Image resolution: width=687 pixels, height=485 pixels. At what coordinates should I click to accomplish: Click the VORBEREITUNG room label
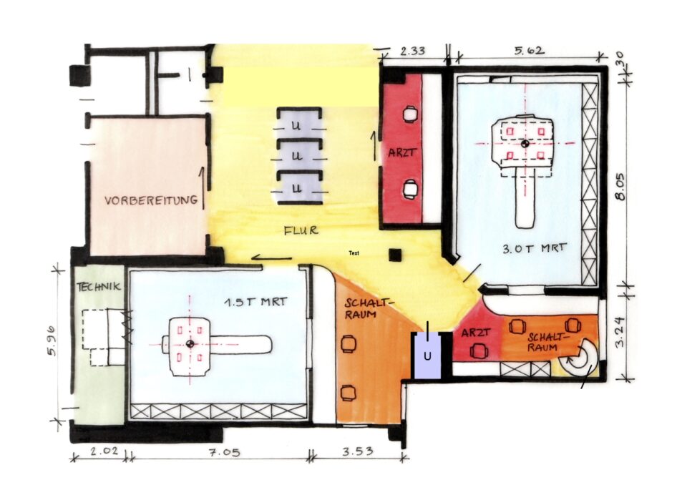point(151,200)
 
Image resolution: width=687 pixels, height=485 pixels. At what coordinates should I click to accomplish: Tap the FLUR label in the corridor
point(301,230)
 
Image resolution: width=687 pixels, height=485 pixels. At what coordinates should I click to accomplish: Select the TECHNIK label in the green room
point(99,287)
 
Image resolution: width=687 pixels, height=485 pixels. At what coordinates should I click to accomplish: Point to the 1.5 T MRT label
point(255,302)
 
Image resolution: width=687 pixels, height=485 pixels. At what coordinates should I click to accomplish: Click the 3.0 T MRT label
point(534,249)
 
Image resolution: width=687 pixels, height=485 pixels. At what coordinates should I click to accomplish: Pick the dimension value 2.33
point(413,51)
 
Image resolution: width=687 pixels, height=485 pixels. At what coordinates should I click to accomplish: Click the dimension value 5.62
point(530,50)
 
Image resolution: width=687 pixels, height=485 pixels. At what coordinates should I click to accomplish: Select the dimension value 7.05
point(224,451)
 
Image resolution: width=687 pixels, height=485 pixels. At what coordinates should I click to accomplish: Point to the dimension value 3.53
point(358,451)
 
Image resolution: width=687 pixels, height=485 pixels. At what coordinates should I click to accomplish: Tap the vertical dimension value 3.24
point(620,332)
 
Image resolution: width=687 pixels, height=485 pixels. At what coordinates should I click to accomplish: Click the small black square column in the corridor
point(396,255)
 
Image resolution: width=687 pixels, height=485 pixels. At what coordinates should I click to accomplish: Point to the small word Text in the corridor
point(354,253)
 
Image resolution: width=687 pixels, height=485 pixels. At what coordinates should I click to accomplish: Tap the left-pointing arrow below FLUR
point(272,258)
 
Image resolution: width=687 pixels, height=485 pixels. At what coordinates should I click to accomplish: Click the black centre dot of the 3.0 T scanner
point(525,143)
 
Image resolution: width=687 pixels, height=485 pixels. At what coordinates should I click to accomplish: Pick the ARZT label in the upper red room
point(401,153)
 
